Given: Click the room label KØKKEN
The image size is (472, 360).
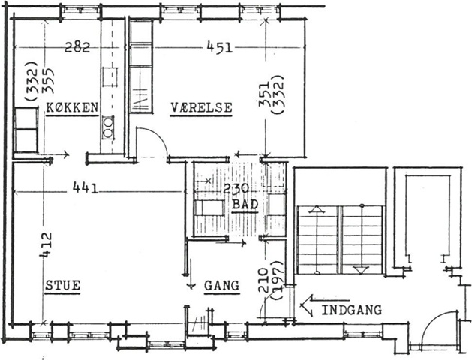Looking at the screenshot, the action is (72, 107).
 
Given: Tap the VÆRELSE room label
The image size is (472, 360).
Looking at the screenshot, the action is (201, 107).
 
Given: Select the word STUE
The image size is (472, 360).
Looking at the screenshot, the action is (62, 285).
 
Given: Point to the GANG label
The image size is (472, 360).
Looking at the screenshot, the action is (222, 285).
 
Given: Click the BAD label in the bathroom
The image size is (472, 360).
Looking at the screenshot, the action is (245, 205).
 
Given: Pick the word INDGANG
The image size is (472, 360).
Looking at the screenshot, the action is (352, 310).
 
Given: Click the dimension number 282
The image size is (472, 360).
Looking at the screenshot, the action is (77, 47).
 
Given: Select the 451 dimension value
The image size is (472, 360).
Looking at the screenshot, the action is (220, 47).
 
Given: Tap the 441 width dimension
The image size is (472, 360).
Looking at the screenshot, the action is (86, 188).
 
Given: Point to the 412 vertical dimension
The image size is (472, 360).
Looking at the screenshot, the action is (46, 244).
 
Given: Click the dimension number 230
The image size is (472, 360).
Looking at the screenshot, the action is (236, 189).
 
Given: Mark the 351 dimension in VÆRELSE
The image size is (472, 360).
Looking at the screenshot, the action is (265, 94).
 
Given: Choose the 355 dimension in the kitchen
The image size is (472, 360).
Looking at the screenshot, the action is (47, 80).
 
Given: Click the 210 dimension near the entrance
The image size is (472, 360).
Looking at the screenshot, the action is (263, 280).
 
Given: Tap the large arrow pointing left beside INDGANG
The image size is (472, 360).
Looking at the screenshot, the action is (325, 305).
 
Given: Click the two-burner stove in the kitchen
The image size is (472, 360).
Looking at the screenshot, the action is (108, 127).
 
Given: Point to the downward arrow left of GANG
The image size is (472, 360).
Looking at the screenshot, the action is (191, 274).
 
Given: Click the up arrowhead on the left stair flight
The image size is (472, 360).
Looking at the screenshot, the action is (317, 209).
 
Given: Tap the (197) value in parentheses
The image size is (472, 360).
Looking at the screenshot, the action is (276, 280).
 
